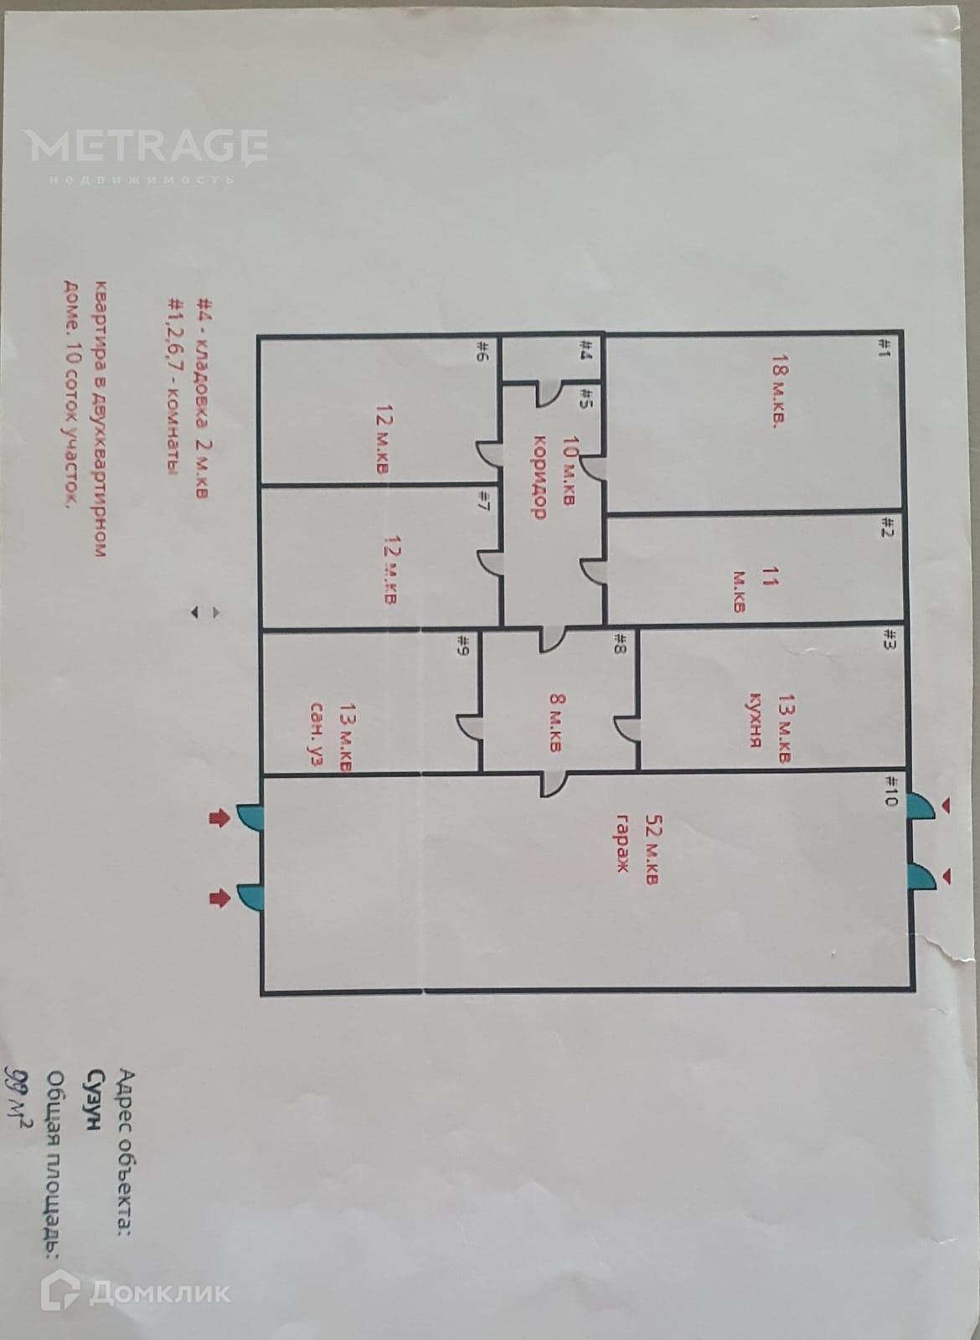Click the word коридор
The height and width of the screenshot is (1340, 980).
540,477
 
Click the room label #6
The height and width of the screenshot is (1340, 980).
483,349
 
